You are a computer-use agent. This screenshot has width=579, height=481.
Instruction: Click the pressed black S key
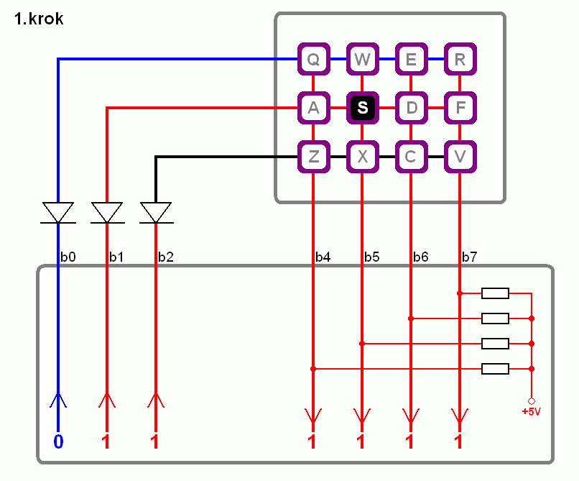(362, 108)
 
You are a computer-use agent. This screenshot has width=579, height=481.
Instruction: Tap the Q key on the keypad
(313, 59)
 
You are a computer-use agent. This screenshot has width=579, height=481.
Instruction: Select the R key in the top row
(460, 59)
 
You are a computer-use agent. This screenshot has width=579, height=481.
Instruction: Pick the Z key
(313, 157)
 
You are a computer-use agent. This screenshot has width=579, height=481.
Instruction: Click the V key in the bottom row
(460, 157)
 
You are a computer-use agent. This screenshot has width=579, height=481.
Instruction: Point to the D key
(412, 108)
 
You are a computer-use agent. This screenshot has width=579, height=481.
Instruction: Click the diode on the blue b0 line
(58, 213)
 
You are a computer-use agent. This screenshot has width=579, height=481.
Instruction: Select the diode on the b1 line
(107, 213)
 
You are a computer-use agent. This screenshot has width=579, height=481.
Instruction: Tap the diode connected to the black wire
(156, 213)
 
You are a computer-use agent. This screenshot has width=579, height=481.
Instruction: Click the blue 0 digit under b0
(58, 441)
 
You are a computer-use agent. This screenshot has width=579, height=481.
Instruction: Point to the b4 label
(323, 257)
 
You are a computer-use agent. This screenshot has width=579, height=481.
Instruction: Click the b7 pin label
(469, 257)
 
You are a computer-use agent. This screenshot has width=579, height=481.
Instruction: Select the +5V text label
(532, 411)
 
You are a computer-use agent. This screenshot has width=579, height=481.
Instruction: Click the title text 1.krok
(39, 19)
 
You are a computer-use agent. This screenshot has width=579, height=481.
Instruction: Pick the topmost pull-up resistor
(495, 293)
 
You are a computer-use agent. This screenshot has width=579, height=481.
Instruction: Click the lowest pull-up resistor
(495, 369)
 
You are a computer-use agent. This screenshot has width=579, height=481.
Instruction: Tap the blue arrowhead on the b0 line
(58, 400)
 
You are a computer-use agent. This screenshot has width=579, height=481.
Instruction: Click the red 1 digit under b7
(458, 441)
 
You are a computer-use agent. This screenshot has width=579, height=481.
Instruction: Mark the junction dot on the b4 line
(313, 369)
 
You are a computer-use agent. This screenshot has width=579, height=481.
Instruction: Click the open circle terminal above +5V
(532, 401)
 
